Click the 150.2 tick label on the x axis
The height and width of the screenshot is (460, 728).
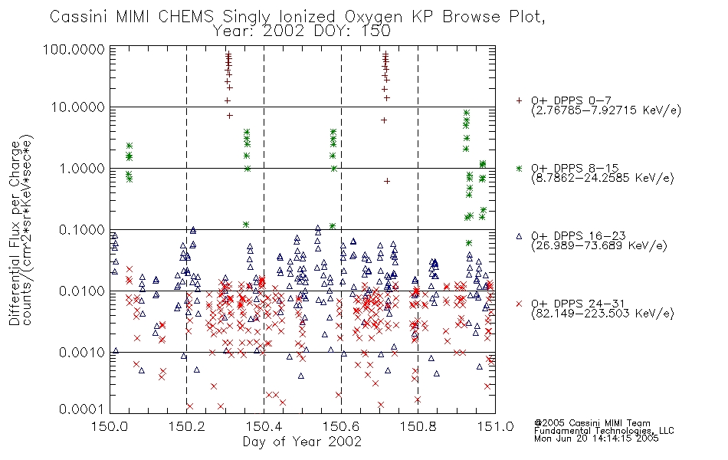187,426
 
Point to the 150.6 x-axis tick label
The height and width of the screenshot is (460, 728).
341,426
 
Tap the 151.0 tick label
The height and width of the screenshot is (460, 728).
495,426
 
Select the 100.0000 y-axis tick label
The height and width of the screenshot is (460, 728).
74,49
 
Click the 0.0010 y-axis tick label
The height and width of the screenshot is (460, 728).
82,353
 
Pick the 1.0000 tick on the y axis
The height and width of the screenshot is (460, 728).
82,169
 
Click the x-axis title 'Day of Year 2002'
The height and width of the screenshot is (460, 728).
302,442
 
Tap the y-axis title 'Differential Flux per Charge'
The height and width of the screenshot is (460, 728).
15,233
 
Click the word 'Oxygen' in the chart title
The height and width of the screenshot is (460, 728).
374,17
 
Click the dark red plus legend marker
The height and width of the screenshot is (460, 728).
520,100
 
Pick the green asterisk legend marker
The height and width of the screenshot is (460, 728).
520,168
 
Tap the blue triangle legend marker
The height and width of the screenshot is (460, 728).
520,236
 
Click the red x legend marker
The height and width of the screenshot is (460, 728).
520,304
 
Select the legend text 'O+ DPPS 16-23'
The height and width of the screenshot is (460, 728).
579,236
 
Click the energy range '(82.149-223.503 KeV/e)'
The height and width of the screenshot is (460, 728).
602,314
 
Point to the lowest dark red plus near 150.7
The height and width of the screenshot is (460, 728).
387,181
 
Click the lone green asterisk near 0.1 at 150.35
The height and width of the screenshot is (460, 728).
246,225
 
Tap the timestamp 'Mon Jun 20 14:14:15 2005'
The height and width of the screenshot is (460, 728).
596,439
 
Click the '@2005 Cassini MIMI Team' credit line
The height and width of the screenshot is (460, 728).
592,423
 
